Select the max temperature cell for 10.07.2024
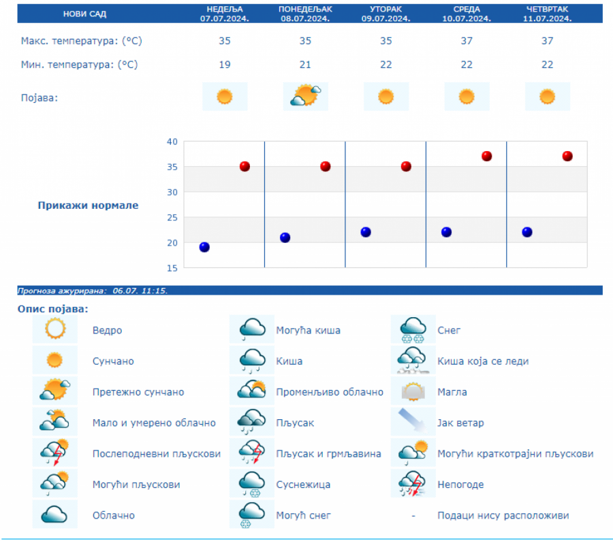[x=467, y=41]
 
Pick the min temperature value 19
[x=225, y=65]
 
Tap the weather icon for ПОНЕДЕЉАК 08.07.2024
[x=305, y=97]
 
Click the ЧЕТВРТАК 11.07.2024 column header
[x=547, y=14]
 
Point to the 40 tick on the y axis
[x=172, y=142]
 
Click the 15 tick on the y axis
[x=172, y=268]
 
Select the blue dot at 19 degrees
[x=204, y=247]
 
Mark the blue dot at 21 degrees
[x=285, y=237]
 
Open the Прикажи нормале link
[x=88, y=206]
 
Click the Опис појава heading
[x=53, y=310]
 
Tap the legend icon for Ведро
[x=54, y=330]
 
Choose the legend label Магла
[x=452, y=392]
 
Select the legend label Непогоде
[x=460, y=485]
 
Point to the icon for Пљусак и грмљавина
[x=251, y=454]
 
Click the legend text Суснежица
[x=303, y=485]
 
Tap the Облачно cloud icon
[x=54, y=515]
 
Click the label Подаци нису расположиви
[x=503, y=515]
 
